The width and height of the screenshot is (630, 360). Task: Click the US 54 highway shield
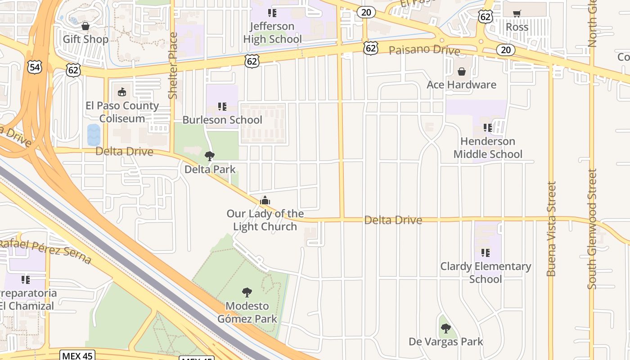[x=34, y=67]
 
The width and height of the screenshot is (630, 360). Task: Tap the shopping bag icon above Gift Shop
[x=85, y=26]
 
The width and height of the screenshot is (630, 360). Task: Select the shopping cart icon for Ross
[x=517, y=13]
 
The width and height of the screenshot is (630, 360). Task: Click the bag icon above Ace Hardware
[x=461, y=72]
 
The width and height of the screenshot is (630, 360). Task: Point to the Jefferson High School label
[x=272, y=32]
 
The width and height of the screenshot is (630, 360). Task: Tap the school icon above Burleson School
[x=222, y=107]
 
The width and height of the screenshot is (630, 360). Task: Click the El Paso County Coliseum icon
[x=122, y=93]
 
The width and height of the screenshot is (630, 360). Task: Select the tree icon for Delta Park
[x=209, y=156]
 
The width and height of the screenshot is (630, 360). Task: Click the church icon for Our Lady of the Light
[x=265, y=200]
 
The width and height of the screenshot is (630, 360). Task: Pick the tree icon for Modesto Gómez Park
[x=247, y=293]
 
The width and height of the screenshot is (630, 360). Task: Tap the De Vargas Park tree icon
[x=445, y=328]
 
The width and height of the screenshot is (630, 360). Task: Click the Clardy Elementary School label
[x=486, y=272]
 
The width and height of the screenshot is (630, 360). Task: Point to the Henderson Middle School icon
[x=487, y=128]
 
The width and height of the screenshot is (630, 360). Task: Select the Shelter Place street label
[x=173, y=66]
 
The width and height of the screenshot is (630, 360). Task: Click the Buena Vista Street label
[x=551, y=229]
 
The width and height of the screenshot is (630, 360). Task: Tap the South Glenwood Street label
[x=592, y=229]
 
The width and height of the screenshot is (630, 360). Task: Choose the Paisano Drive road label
[x=424, y=49]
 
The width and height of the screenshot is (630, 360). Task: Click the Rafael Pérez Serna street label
[x=45, y=252]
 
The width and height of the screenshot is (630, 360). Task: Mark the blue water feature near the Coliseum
[x=94, y=135]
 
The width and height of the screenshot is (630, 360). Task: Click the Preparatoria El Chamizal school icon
[x=26, y=280]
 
